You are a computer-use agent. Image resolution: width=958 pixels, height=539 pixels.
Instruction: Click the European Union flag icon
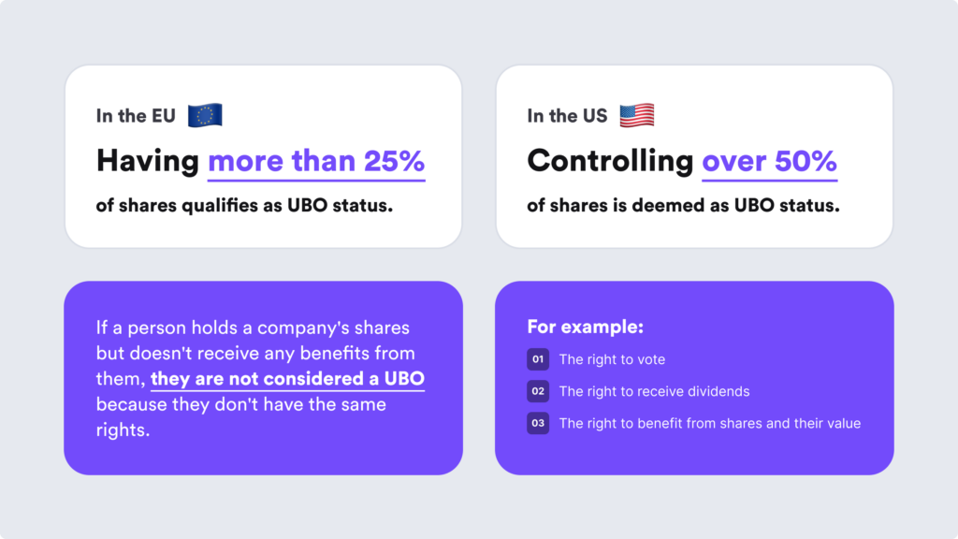[204, 115]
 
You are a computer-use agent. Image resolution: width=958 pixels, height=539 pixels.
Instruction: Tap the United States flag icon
[636, 115]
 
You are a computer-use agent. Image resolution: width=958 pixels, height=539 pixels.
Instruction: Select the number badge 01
[538, 359]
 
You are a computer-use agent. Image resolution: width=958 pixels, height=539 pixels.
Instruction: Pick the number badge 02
[538, 391]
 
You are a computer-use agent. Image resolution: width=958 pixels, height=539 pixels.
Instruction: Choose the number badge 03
[538, 423]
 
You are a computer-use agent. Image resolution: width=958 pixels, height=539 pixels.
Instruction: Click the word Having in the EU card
[147, 161]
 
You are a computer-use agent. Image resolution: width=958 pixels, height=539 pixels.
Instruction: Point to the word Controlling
[610, 161]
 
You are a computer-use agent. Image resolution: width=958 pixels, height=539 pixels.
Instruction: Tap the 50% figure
[806, 161]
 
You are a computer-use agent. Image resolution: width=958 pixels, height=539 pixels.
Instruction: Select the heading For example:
[585, 328]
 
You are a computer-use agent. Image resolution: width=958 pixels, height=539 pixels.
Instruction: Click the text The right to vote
[612, 359]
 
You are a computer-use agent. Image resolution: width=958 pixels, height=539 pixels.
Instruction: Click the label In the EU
[135, 116]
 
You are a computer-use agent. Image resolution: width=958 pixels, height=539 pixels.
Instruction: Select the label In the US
[567, 116]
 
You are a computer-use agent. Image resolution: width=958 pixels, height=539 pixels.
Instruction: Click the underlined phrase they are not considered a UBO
[287, 379]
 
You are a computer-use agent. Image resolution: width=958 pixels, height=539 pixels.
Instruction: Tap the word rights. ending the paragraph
[123, 430]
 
